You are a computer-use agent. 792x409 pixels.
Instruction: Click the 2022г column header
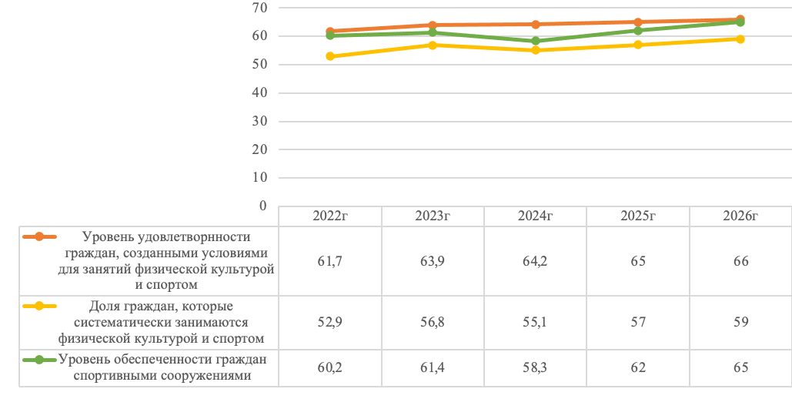coord(329,216)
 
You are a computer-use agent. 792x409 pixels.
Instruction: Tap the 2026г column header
coord(740,216)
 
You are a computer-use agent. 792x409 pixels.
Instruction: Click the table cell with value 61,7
coord(329,261)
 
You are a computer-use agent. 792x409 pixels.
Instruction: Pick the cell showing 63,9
coord(433,261)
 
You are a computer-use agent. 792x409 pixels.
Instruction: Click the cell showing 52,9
coord(329,322)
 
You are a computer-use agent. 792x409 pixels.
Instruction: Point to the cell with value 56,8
coord(433,322)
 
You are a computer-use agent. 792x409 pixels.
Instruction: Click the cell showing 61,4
coord(433,367)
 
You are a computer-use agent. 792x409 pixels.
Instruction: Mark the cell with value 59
coord(740,322)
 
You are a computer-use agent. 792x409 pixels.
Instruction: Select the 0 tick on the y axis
coord(262,206)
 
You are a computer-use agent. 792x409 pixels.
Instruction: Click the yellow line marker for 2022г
coord(329,56)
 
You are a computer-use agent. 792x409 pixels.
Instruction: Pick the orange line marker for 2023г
coord(433,25)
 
